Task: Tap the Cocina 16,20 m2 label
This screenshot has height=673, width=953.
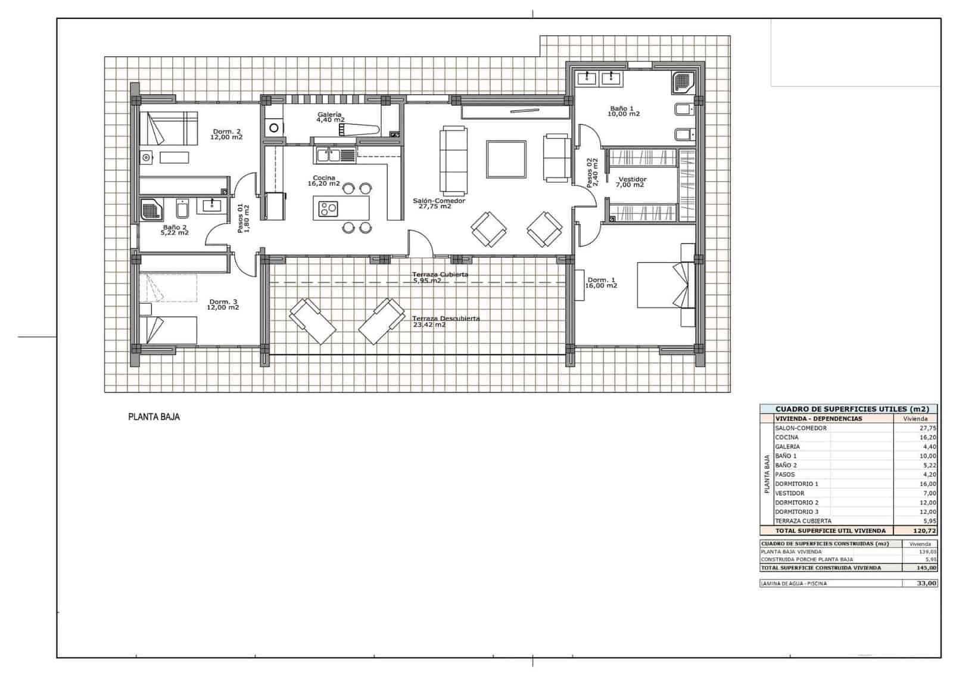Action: click(x=323, y=180)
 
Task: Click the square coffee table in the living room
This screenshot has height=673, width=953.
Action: click(x=506, y=159)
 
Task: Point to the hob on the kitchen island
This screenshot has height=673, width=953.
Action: click(x=328, y=208)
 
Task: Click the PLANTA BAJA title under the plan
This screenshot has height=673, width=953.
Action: click(x=154, y=417)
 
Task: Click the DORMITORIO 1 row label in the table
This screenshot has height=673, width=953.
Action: click(x=796, y=484)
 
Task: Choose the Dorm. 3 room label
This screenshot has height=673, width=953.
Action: click(x=223, y=304)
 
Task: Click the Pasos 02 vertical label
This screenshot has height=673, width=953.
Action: click(x=590, y=173)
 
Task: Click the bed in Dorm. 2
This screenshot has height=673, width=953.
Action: click(x=169, y=128)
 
